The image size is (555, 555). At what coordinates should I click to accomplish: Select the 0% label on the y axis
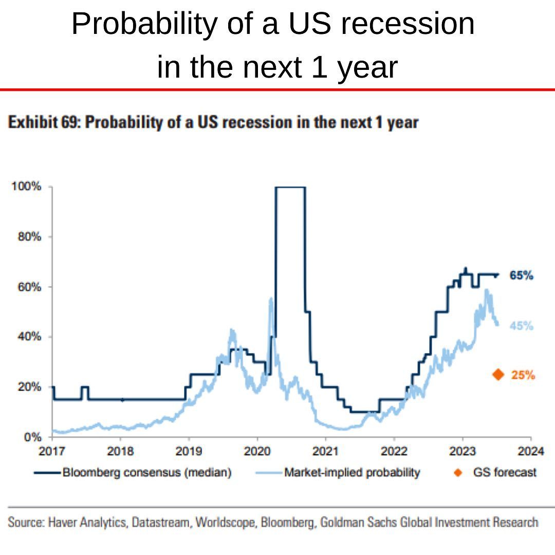[x=33, y=437]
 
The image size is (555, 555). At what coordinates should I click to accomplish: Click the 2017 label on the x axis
[x=52, y=452]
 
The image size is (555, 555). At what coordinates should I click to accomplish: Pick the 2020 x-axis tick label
[x=257, y=452]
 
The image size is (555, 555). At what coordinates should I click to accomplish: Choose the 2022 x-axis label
[x=394, y=452]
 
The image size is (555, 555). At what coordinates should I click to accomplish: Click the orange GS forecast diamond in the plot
[x=497, y=375]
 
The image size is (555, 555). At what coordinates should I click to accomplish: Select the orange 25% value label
[x=523, y=375]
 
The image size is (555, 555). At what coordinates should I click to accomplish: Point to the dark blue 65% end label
[x=521, y=275]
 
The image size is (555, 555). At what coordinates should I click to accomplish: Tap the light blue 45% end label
[x=522, y=326]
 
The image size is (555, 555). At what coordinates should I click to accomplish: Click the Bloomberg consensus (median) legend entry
[x=146, y=472]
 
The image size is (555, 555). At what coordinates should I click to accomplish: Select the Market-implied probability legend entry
[x=352, y=472]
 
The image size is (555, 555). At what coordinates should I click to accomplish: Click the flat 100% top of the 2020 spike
[x=290, y=187]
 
